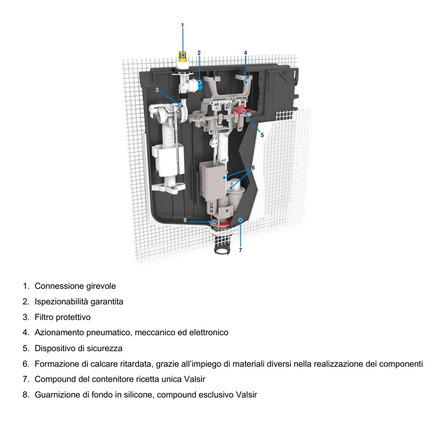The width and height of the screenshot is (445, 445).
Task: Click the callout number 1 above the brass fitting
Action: pos(182,25)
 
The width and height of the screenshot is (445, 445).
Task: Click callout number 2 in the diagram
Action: pos(199,53)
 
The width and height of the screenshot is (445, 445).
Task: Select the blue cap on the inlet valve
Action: pos(200,84)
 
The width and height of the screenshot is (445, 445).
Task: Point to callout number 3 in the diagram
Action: pos(157,90)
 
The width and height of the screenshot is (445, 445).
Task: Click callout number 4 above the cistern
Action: pos(245,53)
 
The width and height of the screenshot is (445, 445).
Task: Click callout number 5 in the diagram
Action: pos(262,135)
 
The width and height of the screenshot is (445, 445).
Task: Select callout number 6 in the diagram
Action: pos(253,168)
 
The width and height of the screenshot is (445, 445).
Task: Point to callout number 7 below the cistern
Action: pos(240,250)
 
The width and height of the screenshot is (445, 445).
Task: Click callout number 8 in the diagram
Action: pos(185,220)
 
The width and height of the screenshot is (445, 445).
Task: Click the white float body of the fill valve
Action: pos(168,160)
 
